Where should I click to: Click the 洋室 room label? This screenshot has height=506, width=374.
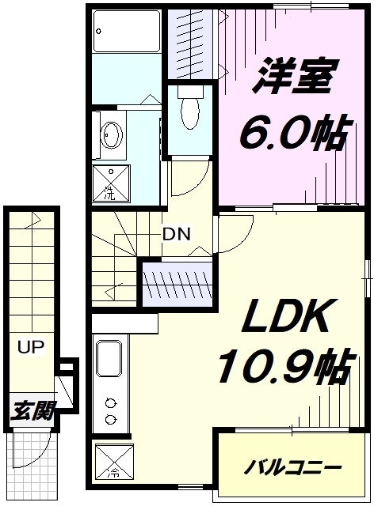coord(295,76)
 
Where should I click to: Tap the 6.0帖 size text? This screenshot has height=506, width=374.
coord(295,133)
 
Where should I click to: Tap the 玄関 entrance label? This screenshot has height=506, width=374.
coord(32,410)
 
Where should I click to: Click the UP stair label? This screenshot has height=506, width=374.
coord(31,347)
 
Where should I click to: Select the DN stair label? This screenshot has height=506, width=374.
coord(177,234)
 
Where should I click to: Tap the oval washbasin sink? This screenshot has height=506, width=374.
coord(112,135)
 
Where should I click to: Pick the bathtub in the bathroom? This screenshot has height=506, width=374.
coord(127,32)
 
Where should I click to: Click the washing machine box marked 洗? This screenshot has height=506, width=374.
coord(111,184)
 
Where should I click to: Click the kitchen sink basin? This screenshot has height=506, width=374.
coord(109,358)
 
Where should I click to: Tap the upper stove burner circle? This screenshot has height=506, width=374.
coord(111,403)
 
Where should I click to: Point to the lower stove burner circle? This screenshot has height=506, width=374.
coord(111,418)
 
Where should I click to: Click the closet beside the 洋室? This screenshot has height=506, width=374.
coord(191,43)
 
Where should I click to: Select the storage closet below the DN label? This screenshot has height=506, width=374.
coord(177,285)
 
